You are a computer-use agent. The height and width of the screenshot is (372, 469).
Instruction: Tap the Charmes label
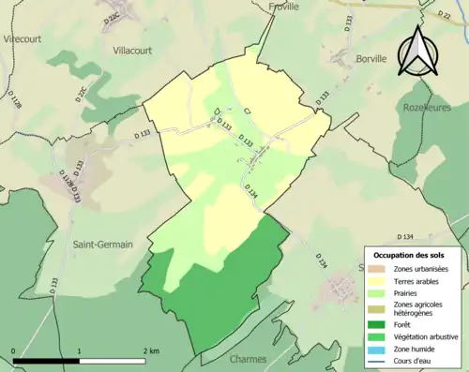249,358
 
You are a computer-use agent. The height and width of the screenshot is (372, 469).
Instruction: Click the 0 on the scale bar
14,350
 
